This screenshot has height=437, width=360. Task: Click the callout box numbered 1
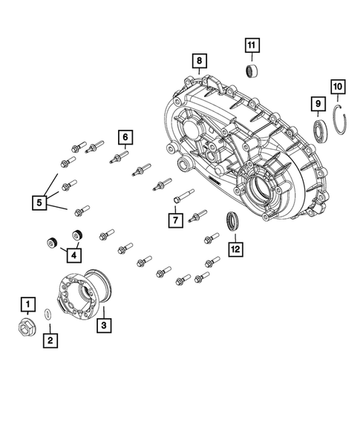pos(27,304)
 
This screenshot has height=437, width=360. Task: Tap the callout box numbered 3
pos(104,324)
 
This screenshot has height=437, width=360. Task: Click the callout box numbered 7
pos(174,220)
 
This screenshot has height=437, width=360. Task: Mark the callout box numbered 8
pos(198,60)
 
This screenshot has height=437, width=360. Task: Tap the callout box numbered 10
pos(338,88)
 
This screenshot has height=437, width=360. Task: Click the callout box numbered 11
pos(252,46)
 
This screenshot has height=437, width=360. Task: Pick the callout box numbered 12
pos(235,249)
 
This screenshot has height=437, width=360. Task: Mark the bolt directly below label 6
pos(119,159)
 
